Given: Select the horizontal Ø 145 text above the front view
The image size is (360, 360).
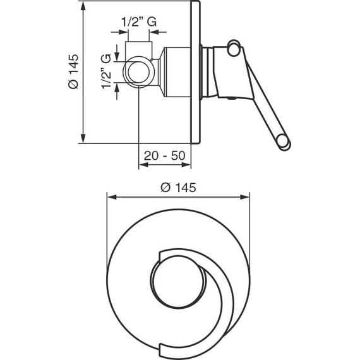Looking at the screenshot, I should coord(179,187).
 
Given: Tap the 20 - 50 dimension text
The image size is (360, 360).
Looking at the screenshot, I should coord(165,155).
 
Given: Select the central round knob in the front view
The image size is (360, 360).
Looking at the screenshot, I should coord(177,278).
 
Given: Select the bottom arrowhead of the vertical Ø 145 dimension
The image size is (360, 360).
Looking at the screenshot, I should coord(83,140).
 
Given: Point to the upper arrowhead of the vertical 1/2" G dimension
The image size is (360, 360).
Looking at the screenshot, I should coord(117,57).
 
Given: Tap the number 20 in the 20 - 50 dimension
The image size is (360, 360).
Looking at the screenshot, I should coord(151,155).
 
